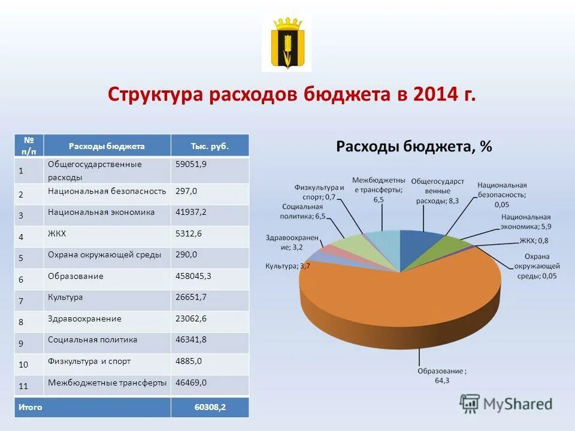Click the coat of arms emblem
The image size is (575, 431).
point(286,43)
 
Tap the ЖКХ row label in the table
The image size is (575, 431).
point(58,234)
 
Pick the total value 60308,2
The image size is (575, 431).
point(210,407)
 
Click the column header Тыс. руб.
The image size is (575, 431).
point(210,146)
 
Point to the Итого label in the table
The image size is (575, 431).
point(30,407)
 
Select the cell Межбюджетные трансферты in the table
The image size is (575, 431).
point(107,383)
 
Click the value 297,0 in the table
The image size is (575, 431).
point(186,191)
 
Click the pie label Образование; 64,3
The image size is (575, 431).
point(442,375)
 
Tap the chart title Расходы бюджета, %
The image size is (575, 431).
point(414,147)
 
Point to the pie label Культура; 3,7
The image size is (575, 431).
point(287,266)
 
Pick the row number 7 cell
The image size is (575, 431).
point(21,301)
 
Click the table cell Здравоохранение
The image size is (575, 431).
point(84,319)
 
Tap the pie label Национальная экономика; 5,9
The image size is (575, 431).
point(525,221)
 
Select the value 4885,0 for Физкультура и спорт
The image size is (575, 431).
point(188,362)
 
